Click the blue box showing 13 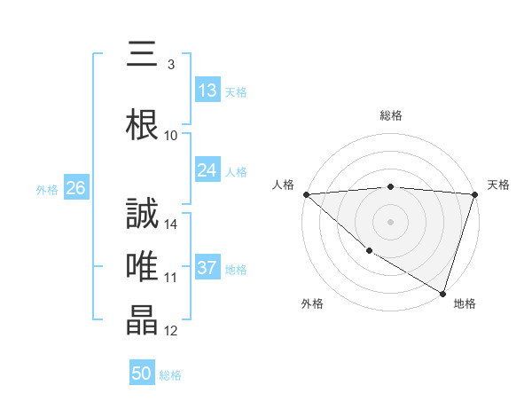click(207, 90)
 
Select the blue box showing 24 click(207, 170)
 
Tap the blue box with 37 click(207, 268)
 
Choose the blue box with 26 click(75, 188)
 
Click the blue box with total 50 click(142, 374)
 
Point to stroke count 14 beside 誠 click(171, 224)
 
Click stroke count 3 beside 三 click(170, 64)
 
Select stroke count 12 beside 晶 click(171, 331)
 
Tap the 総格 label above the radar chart click(390, 115)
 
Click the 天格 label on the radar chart click(498, 185)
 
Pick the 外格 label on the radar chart click(312, 304)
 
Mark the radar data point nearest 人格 click(306, 193)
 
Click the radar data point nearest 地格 click(442, 293)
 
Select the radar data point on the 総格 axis click(390, 186)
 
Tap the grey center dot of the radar click(390, 221)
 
